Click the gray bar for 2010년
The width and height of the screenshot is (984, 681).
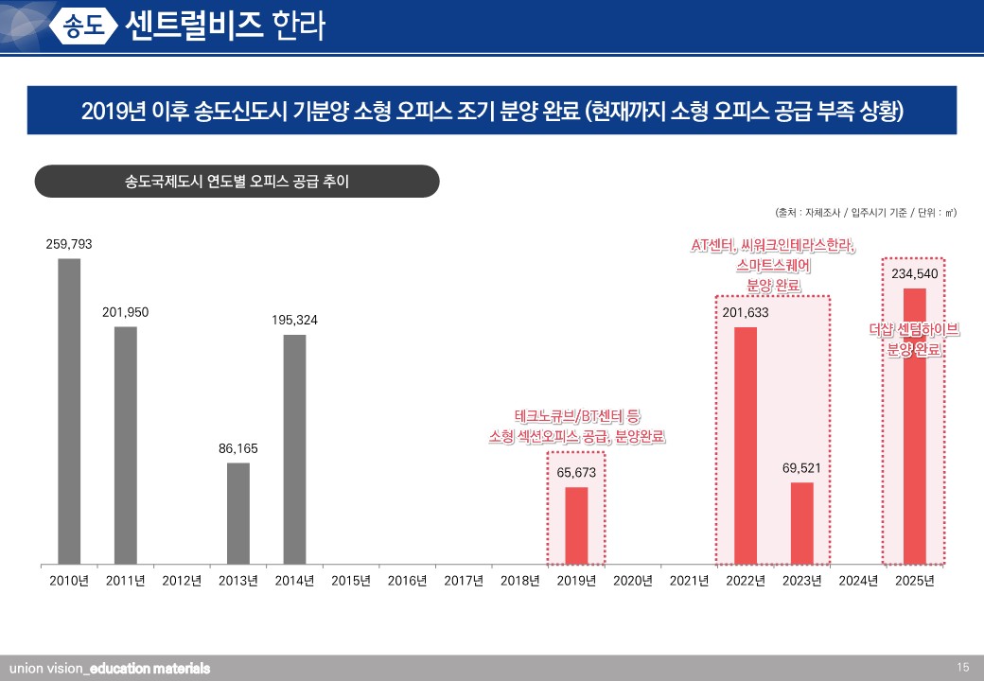69,410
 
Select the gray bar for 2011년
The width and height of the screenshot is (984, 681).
125,445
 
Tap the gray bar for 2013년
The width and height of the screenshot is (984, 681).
238,513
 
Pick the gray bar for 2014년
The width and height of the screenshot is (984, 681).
294,448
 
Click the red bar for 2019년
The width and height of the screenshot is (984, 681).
576,525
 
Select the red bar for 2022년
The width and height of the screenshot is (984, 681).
746,445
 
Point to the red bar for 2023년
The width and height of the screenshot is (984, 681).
802,522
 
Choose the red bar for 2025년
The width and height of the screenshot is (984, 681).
915,426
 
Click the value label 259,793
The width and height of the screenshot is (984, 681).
69,244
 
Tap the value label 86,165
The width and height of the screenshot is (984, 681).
238,448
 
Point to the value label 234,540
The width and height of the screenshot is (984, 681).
915,273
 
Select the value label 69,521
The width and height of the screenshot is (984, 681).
801,468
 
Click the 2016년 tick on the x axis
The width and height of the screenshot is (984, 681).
407,581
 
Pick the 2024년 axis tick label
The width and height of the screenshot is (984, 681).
858,581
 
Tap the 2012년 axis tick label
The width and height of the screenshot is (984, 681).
182,581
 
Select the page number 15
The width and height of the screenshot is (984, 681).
963,668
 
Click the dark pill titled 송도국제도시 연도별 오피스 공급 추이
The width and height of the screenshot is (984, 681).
237,181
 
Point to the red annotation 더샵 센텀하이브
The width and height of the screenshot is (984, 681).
914,330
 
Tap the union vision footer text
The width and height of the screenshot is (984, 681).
109,669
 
